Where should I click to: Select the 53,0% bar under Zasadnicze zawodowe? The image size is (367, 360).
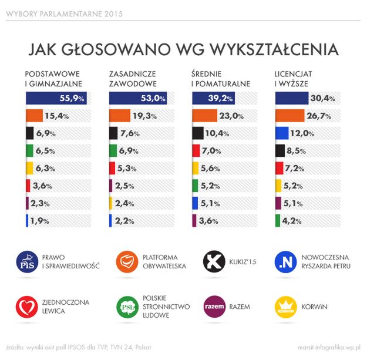(x=139, y=99)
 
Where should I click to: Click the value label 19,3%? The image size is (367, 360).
(x=144, y=116)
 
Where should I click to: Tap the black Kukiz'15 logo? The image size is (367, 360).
(x=213, y=261)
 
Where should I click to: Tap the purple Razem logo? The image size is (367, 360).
(x=213, y=307)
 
